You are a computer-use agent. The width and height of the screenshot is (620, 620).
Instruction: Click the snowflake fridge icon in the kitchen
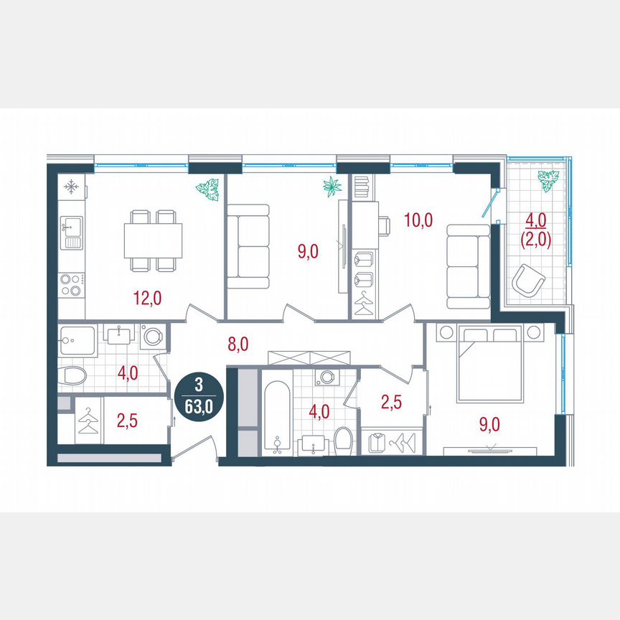coord(71,187)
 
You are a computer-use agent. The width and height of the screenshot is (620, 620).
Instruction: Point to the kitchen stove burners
coord(70,285)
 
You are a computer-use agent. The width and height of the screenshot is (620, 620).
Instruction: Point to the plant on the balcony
coord(548,180)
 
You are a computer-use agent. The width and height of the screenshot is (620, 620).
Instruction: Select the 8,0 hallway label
coord(238,344)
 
